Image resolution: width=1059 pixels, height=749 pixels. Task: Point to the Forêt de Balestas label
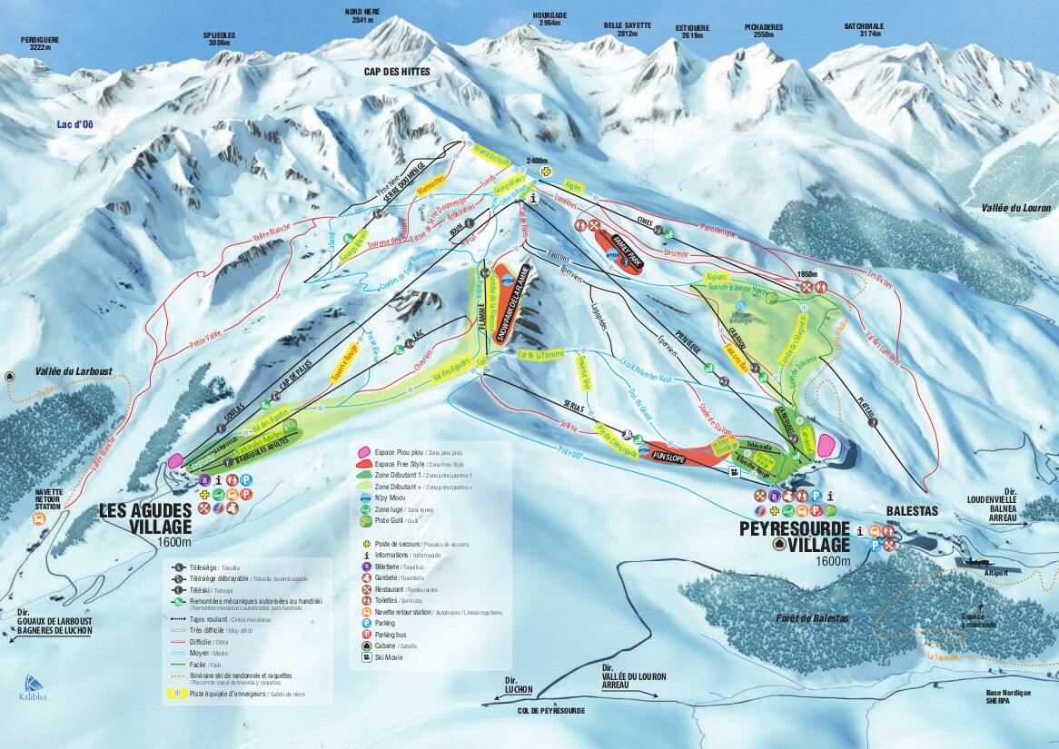pyautogui.click(x=812, y=618)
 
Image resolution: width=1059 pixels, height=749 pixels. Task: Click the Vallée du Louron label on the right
pyautogui.click(x=1014, y=208)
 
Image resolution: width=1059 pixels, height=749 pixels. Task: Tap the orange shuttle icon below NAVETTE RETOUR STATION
pyautogui.click(x=39, y=518)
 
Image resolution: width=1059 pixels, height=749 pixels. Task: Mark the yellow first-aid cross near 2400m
pyautogui.click(x=546, y=172)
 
